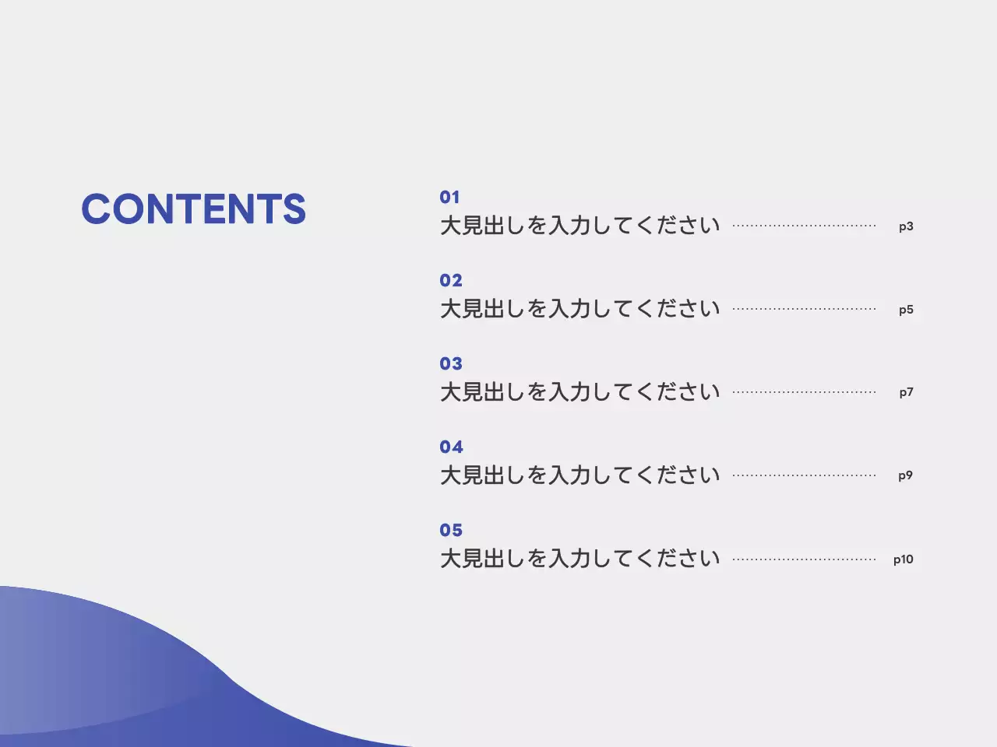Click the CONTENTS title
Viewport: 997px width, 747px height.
click(x=193, y=209)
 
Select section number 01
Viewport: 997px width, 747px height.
click(x=449, y=197)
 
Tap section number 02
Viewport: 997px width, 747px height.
click(x=451, y=280)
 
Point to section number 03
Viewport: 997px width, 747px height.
click(x=451, y=363)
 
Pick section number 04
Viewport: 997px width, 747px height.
click(x=451, y=447)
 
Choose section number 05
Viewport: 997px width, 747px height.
click(x=451, y=530)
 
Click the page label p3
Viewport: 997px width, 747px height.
click(x=906, y=226)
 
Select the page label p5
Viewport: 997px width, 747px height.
click(x=906, y=310)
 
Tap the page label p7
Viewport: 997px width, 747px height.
click(x=906, y=392)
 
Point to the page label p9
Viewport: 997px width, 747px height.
click(x=905, y=475)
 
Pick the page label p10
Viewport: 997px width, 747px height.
click(x=904, y=559)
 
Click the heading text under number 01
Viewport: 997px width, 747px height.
click(x=580, y=226)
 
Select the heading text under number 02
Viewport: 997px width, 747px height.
click(x=580, y=309)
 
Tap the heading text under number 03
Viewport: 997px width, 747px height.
click(x=580, y=392)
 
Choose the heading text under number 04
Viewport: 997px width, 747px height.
click(x=580, y=475)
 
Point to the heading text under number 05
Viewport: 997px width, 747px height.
click(x=580, y=559)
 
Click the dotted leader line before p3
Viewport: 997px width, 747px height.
click(x=804, y=226)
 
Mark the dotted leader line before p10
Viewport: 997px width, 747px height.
click(x=804, y=559)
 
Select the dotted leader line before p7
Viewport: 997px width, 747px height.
click(x=804, y=393)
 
